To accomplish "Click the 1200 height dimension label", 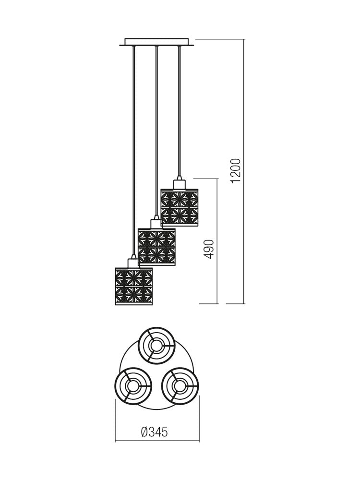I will pos(236,170).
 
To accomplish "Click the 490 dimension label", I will pos(209,249).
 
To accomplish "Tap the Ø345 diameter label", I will pos(155,432).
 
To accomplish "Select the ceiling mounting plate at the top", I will pos(156,42).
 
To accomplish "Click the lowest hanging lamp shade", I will pos(133,286).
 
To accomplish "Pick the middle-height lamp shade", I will pos(156,247).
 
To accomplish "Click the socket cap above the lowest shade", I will pos(133,263).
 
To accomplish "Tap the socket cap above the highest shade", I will pos(179,183).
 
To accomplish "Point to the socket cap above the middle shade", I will pos(156,223).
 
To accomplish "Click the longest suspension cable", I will pos(133,149).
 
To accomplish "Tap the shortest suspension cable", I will pos(179,110).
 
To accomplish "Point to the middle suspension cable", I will pos(156,130).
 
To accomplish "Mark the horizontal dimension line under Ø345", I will pos(157,441).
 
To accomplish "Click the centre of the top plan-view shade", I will pos(156,345).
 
